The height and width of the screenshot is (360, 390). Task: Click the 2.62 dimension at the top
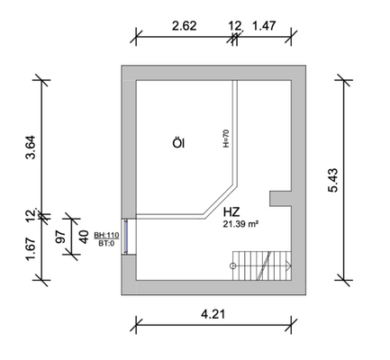click(x=185, y=26)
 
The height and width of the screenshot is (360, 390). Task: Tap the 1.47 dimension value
click(x=264, y=26)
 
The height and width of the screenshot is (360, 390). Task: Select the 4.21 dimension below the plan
click(x=213, y=314)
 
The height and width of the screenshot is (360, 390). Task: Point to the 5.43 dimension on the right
click(x=333, y=180)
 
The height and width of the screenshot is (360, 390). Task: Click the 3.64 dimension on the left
click(x=31, y=148)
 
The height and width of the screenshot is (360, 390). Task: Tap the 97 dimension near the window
click(x=60, y=237)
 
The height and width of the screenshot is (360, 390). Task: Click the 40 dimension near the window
click(x=84, y=237)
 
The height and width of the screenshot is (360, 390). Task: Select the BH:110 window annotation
click(x=106, y=235)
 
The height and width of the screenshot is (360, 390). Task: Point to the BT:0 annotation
click(x=106, y=243)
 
